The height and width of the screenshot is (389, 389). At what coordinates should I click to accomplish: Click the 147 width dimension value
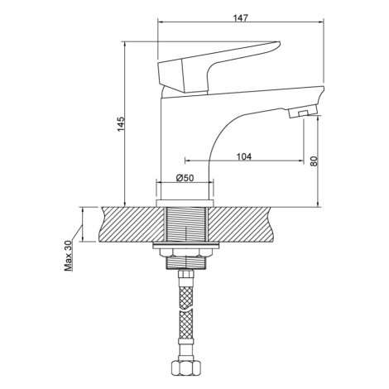(241, 18)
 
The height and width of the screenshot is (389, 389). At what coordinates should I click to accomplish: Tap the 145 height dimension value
(122, 124)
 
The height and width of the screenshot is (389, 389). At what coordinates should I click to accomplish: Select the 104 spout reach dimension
(244, 156)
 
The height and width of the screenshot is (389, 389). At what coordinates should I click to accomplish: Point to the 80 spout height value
(315, 161)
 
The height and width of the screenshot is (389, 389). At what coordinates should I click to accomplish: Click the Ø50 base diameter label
(185, 178)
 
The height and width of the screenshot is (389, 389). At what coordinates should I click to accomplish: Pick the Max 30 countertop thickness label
(68, 256)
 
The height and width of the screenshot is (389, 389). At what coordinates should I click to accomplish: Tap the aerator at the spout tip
(301, 113)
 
